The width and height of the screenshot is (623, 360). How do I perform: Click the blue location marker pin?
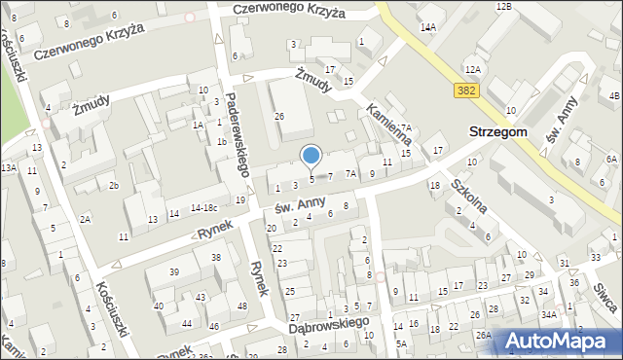coord(311,156)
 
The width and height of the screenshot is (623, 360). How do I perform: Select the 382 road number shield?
coord(464,90)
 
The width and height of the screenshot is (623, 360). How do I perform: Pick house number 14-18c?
coord(204,207)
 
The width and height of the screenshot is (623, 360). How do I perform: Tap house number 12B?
coord(503,7)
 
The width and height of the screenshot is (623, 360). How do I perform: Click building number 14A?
coord(427,27)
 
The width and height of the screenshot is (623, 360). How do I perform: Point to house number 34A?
coord(549,314)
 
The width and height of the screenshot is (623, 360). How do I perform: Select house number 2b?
coord(113,185)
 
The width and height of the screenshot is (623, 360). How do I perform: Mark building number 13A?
coord(9,167)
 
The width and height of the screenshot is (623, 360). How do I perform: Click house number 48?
coord(241,306)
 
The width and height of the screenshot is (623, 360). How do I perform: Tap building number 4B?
coord(613,95)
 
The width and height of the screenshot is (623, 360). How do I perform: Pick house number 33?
coord(596,258)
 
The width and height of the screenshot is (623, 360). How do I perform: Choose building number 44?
coord(186,323)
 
